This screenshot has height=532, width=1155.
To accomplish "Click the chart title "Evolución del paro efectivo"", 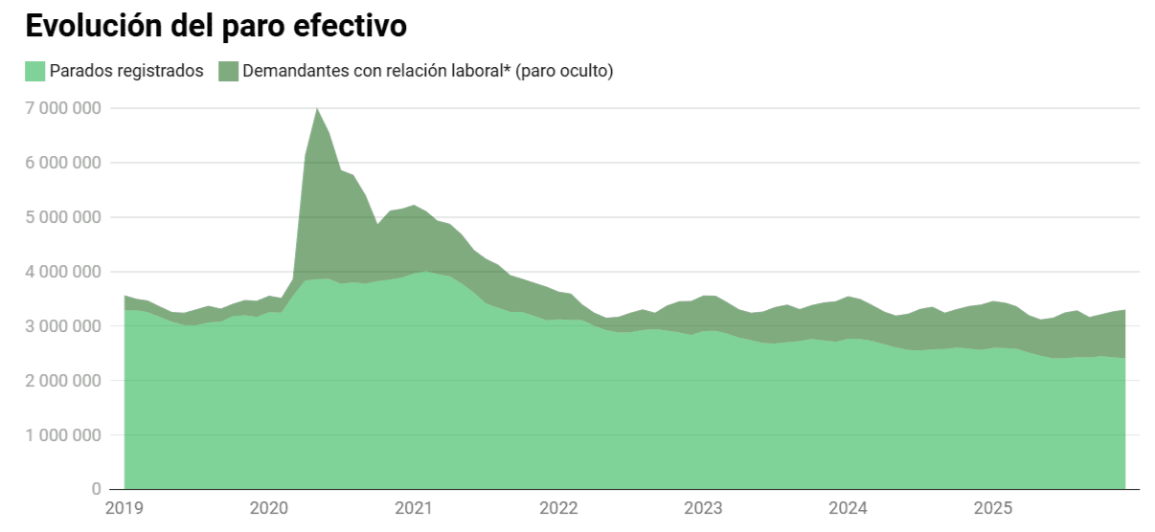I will tap(215, 27).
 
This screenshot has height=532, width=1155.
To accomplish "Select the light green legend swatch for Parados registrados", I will tap(34, 71).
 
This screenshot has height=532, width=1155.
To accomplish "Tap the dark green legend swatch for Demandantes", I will tap(228, 71).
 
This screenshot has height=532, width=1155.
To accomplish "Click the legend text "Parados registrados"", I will tap(126, 71).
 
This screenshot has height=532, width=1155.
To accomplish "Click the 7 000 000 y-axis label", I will tap(62, 108).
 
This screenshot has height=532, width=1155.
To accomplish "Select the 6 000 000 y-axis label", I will tap(62, 163).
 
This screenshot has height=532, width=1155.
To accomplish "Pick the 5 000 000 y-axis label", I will tap(62, 217).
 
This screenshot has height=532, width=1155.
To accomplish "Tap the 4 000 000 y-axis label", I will tap(62, 272).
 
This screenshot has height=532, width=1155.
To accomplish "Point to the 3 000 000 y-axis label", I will tap(62, 326).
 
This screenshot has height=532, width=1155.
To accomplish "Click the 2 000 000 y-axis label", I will tap(62, 381).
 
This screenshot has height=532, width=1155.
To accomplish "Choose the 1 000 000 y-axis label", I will tap(62, 435).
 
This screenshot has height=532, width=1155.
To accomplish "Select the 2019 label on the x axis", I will tap(124, 508).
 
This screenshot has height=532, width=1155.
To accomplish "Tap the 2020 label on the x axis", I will tap(268, 508).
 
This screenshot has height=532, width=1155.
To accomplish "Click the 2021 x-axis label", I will tap(413, 508).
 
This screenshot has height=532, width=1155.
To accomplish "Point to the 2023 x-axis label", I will tap(703, 508).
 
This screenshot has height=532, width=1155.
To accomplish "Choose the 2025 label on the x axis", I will tap(993, 508).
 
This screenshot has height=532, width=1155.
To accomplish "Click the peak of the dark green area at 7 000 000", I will tap(317, 109).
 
